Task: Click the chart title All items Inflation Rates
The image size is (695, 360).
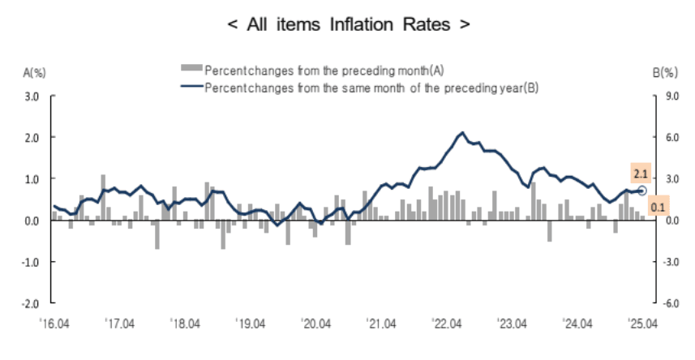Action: click(x=347, y=24)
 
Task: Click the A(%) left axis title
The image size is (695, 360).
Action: click(x=35, y=73)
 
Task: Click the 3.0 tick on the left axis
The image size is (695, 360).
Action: click(x=32, y=96)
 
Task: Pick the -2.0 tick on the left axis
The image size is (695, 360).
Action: click(x=31, y=303)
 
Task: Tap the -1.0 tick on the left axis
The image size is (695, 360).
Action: click(x=31, y=262)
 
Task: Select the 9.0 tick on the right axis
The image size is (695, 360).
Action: click(x=670, y=96)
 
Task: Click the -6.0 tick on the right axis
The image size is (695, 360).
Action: click(x=669, y=303)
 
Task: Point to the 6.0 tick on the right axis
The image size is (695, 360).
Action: click(x=670, y=138)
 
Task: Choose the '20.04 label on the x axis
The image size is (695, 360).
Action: click(x=315, y=324)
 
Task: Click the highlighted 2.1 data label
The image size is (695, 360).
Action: click(x=640, y=173)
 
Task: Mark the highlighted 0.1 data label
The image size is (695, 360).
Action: click(x=658, y=208)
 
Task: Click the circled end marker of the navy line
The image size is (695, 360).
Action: click(x=643, y=190)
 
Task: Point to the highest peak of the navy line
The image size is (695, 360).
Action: click(x=462, y=132)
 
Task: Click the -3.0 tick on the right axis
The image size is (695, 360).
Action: click(x=669, y=262)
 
